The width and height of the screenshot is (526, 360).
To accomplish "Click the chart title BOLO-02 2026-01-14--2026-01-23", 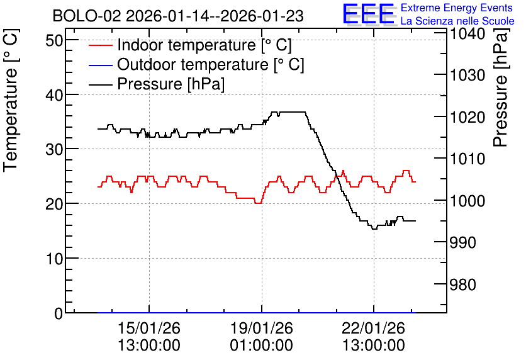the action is point(178,16).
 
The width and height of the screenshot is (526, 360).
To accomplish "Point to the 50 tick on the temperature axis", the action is point(54,41).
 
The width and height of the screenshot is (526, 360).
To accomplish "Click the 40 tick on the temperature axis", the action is point(54,95).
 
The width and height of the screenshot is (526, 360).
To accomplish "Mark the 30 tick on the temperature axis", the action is point(54,150).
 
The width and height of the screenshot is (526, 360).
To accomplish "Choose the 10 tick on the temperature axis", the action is point(54,259).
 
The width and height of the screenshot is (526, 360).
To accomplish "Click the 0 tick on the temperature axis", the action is point(59,313).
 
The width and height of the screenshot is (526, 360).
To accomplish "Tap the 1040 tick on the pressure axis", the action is point(467,33).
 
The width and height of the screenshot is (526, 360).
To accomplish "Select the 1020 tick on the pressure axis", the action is point(467,118).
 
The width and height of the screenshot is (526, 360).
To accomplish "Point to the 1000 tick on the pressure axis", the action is point(467,201).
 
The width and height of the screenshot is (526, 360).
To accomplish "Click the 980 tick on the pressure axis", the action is point(463,285).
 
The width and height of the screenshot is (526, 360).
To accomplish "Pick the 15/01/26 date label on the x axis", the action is point(149,328).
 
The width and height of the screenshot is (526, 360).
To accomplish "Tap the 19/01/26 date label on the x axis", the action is point(261,328).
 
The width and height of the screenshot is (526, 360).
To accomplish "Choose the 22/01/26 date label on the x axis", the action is point(373,328).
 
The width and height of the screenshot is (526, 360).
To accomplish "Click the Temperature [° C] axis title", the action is point(11,101).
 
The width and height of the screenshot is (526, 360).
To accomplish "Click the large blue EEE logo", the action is point(368,13).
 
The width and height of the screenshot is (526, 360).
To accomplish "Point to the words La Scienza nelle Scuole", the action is point(457,21).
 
